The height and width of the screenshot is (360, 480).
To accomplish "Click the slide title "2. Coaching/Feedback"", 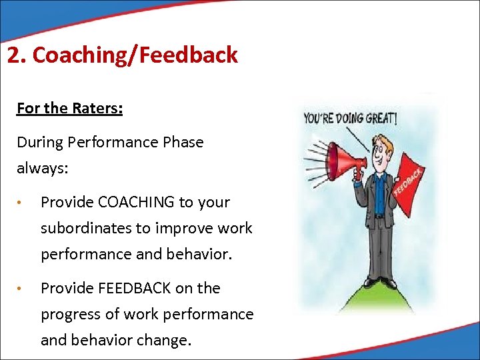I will coord(122,55).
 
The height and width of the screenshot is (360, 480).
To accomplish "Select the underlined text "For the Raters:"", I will coord(69,108).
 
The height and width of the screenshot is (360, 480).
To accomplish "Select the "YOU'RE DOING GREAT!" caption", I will coord(351,119).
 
